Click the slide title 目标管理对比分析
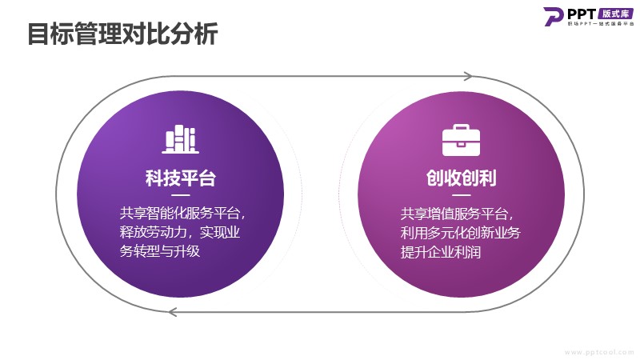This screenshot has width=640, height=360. [122, 34]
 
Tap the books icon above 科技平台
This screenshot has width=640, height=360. [180, 139]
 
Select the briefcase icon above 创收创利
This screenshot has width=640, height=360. [460, 140]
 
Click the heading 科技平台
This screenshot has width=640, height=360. [180, 178]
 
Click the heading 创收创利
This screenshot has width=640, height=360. [460, 178]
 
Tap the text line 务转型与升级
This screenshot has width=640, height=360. [159, 252]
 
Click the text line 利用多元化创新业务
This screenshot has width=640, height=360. [461, 233]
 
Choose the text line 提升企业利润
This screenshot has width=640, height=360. [440, 252]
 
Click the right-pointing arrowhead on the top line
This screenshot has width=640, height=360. [467, 77]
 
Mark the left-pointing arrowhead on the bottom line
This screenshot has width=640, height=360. [173, 311]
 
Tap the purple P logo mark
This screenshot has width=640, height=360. [554, 17]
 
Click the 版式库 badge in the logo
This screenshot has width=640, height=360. [613, 13]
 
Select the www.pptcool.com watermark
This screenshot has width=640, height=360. [599, 351]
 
